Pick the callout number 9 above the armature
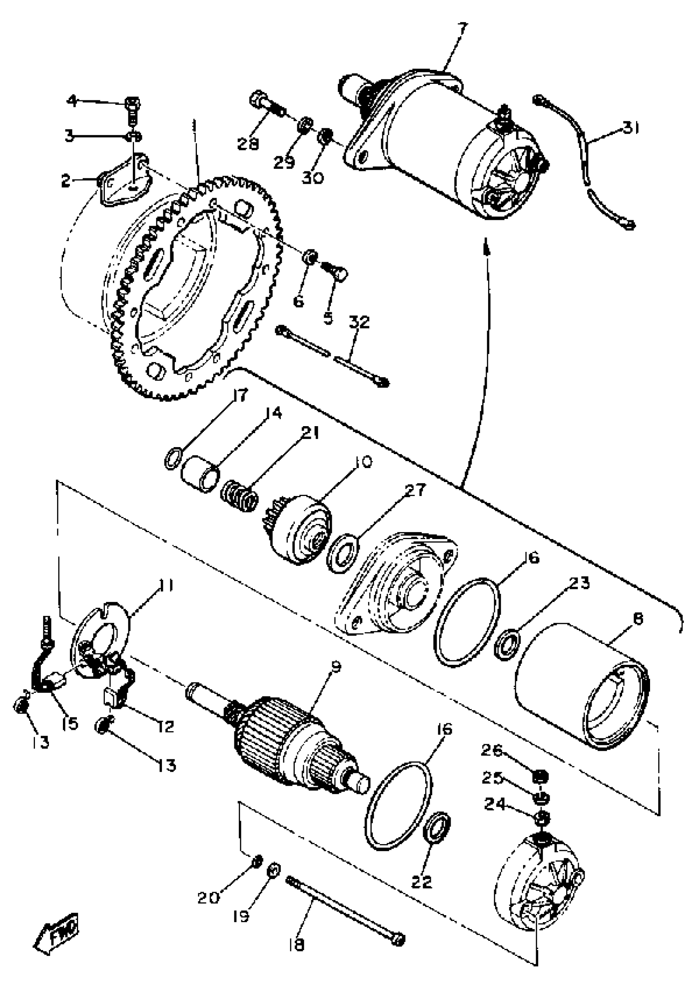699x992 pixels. [x=336, y=667]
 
